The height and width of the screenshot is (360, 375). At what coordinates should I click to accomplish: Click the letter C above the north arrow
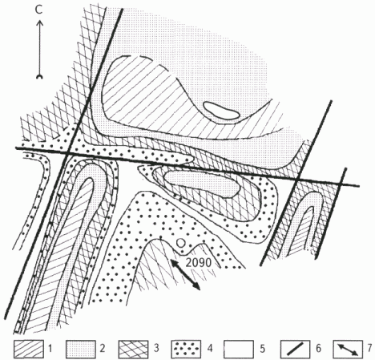pos(39,10)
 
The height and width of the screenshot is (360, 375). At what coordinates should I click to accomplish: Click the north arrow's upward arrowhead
pos(39,24)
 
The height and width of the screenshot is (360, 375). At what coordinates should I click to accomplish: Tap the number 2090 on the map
pos(199,263)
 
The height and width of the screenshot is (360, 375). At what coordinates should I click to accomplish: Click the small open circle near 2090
pos(181,243)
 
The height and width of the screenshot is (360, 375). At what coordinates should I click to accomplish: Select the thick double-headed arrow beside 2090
pos(186,275)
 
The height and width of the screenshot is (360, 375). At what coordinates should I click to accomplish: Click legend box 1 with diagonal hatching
pos(29,349)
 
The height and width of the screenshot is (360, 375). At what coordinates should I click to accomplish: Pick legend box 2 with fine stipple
pos(81,349)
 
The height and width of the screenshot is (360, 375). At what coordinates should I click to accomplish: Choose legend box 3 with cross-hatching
pos(133,349)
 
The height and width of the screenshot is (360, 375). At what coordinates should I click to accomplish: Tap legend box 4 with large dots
pos(186,349)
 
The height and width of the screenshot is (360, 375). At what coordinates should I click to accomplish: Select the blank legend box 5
pos(239,349)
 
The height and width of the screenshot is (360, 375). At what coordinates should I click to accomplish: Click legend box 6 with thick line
pos(295,349)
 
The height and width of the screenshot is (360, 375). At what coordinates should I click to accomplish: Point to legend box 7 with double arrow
pos(348,349)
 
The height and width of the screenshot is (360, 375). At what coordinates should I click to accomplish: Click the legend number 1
pos(50,348)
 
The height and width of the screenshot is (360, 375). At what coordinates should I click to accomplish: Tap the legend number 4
pos(210,348)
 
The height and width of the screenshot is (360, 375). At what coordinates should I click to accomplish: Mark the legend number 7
pos(369,348)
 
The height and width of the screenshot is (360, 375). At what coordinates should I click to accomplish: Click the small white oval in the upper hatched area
pos(221,111)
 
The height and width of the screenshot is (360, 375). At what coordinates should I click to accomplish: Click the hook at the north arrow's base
pos(39,77)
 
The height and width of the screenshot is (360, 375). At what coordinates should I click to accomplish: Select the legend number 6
pos(318,348)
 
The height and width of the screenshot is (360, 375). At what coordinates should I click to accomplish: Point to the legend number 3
pos(156,348)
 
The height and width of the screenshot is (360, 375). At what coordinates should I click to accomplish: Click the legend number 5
pos(262,348)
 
